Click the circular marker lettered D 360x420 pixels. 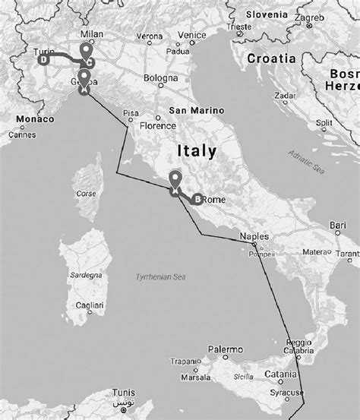[44, 58]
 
